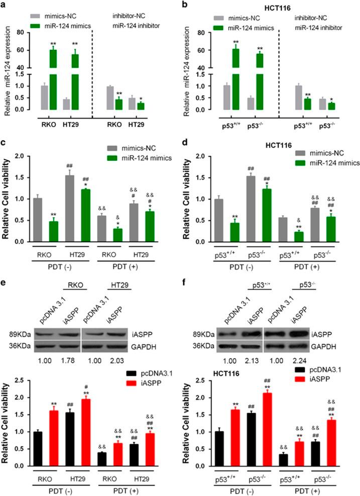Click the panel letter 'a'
click(x=4, y=5)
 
